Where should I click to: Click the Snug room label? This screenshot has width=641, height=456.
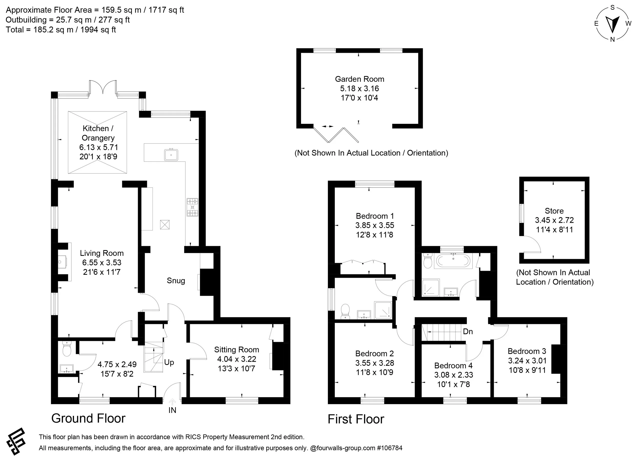coord(176,280)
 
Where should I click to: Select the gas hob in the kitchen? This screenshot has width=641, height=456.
coord(192,207)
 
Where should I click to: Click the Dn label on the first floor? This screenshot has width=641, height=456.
coord(468,332)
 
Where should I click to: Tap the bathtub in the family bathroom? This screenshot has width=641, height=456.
coord(453,261)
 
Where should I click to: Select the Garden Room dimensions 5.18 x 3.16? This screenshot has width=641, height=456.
coord(359,88)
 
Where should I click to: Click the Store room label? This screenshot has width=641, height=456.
coord(554,211)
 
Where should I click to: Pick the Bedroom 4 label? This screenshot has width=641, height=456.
coord(453,366)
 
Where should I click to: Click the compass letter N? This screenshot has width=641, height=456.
coord(612,39)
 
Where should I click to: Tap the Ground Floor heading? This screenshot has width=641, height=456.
coord(88,418)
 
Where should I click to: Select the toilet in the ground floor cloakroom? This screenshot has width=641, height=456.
coord(67,350)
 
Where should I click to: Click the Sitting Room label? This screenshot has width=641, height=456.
coord(236,350)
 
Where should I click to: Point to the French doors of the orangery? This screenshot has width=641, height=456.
coord(103,87)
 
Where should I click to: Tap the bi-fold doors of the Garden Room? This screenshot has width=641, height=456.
coord(336,135)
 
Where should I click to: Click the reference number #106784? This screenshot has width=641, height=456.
coord(390,448)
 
